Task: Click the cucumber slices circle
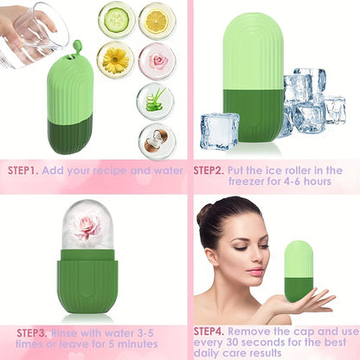[x=115, y=20]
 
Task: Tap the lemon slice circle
[x=157, y=20]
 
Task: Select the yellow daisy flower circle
[x=115, y=59]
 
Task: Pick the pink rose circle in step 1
[x=157, y=61]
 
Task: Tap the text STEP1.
[x=24, y=170]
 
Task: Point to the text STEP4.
[x=211, y=331]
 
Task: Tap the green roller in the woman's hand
[x=299, y=270]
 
